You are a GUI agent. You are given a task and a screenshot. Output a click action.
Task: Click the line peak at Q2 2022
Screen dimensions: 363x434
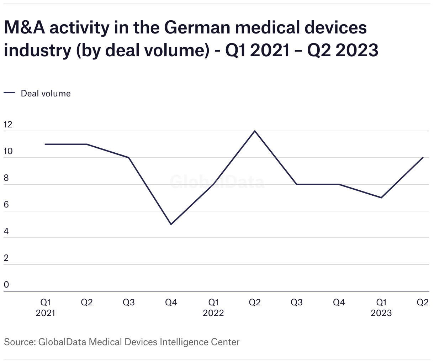[255, 131]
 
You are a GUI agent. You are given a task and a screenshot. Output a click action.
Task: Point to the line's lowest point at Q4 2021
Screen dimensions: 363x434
[171, 224]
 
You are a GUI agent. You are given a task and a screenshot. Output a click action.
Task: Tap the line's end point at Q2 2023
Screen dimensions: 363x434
[423, 157]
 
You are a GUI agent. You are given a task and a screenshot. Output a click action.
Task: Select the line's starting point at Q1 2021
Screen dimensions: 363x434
[46, 144]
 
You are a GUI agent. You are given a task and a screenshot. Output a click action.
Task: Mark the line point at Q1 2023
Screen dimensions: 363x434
[381, 198]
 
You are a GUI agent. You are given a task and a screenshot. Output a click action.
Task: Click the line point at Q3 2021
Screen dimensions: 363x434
[129, 157]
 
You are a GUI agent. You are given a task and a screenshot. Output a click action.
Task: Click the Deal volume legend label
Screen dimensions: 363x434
[46, 94]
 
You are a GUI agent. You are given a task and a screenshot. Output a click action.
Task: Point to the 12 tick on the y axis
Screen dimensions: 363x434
[8, 125]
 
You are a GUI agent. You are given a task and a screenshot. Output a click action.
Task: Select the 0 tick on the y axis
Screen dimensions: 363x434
[6, 285]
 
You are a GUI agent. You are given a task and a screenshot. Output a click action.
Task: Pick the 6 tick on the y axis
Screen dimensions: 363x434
[6, 205]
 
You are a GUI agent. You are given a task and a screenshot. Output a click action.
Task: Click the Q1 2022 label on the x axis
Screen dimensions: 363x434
[213, 307]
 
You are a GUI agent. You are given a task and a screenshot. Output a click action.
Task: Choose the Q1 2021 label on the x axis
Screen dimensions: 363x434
[46, 307]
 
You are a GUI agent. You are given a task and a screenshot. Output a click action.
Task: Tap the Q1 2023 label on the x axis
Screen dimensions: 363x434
[381, 307]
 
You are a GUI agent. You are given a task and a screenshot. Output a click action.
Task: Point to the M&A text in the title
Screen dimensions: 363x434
[25, 28]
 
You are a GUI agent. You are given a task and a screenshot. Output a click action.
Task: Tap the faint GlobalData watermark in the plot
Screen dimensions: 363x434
[217, 182]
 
